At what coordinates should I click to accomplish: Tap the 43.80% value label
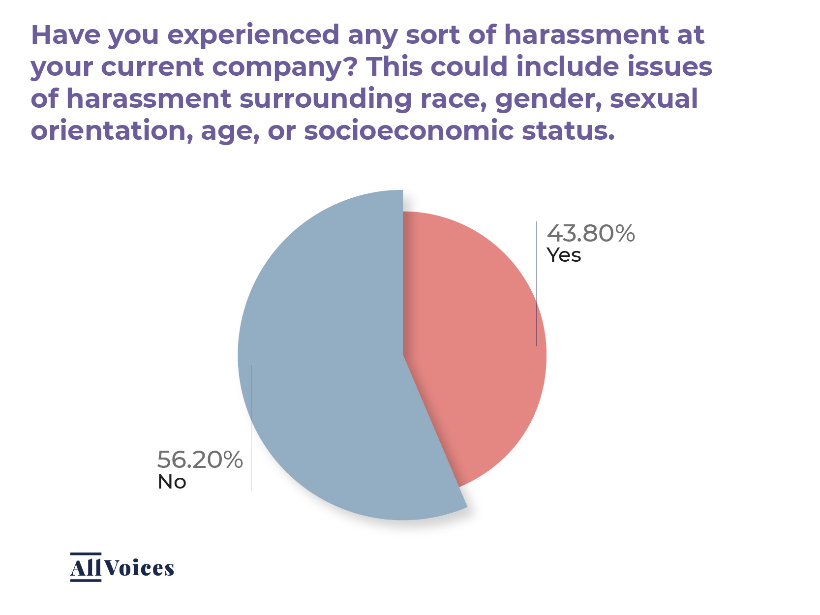pyautogui.click(x=591, y=233)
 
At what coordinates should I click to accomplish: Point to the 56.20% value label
pyautogui.click(x=200, y=460)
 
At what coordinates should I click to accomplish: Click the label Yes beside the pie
pyautogui.click(x=564, y=255)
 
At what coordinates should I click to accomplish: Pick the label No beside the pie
pyautogui.click(x=172, y=482)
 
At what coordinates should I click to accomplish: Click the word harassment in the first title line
pyautogui.click(x=586, y=35)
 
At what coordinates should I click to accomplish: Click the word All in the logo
pyautogui.click(x=86, y=568)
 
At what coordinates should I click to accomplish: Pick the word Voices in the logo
pyautogui.click(x=139, y=568)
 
